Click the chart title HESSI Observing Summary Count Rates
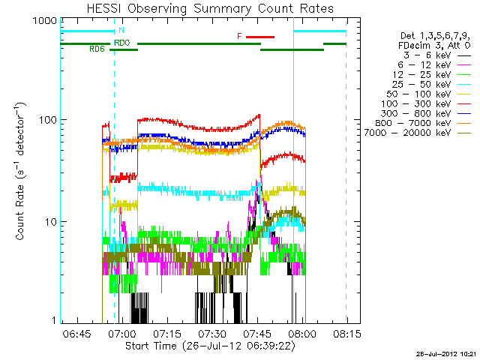[x=203, y=9]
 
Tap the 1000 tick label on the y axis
[x=43, y=22]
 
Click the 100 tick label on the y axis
[x=46, y=121]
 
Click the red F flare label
[x=239, y=36]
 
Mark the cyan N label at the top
[x=122, y=31]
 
